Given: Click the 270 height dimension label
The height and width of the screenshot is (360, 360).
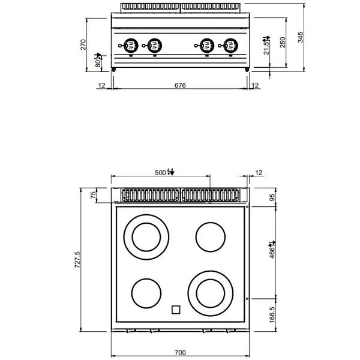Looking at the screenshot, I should [x=84, y=45].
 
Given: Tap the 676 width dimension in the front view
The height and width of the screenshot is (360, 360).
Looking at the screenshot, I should [x=180, y=86].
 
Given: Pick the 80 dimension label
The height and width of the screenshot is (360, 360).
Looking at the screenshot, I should [x=98, y=61].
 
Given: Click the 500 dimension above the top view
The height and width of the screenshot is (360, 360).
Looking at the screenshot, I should [x=161, y=173].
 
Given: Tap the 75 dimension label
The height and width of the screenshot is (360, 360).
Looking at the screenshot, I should [x=94, y=196].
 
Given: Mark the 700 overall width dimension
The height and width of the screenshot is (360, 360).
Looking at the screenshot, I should [x=180, y=352].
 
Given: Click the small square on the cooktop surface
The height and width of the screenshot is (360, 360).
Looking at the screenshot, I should [x=176, y=310].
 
